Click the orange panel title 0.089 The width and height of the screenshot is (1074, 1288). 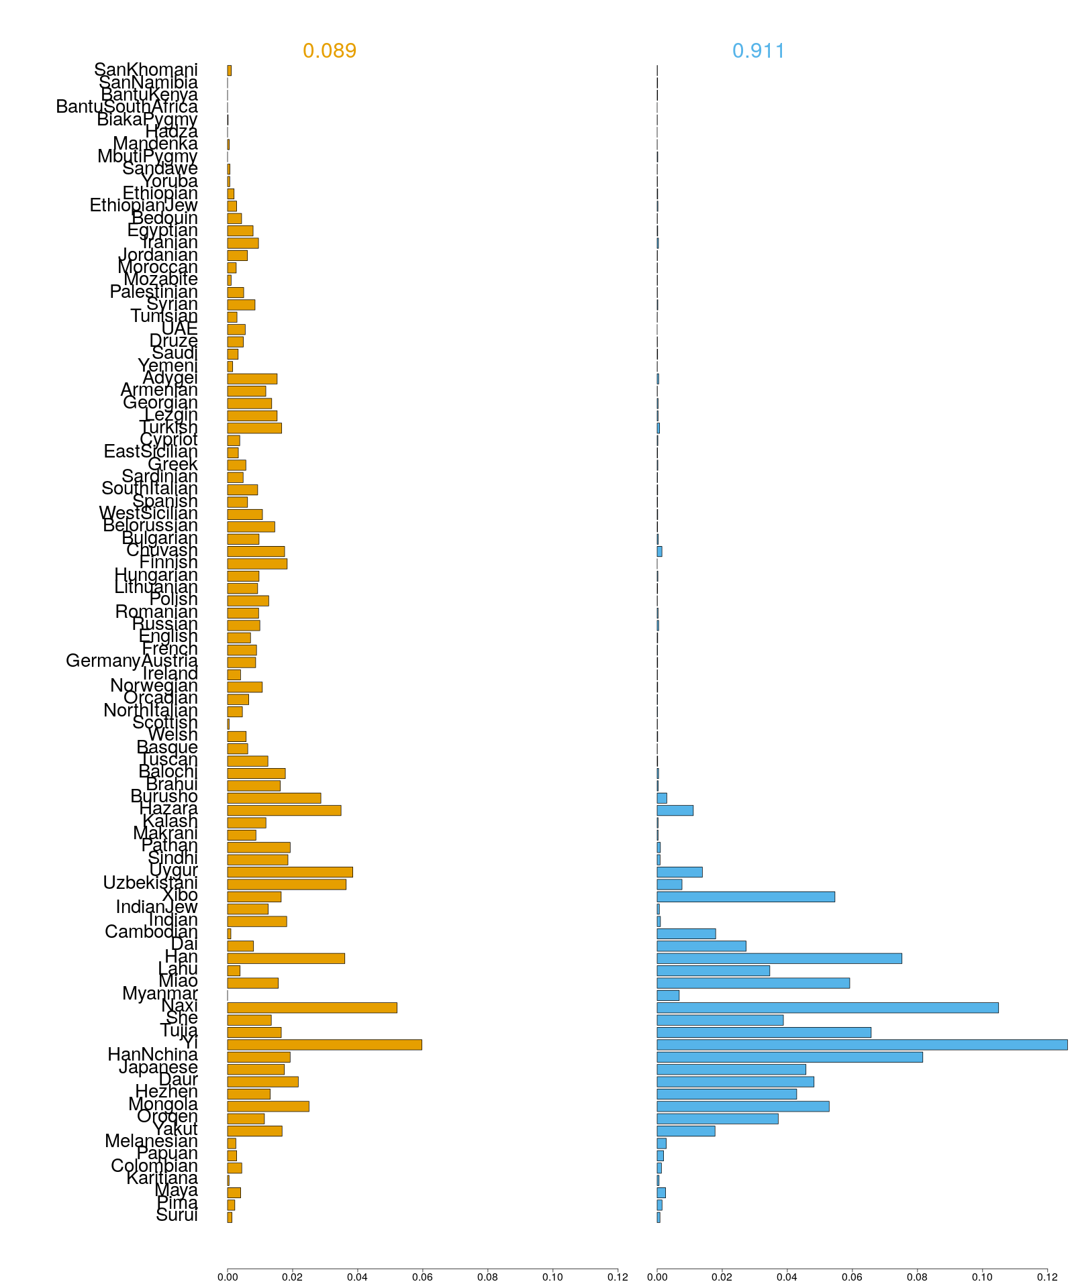click(329, 51)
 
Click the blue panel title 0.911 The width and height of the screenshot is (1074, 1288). click(759, 51)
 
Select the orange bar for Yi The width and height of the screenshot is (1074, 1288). click(324, 1044)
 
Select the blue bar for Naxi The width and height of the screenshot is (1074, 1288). click(827, 1008)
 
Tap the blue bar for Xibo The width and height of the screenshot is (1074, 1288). click(745, 896)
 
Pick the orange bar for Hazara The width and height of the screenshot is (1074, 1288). click(284, 810)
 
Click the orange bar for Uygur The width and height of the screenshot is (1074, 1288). click(290, 872)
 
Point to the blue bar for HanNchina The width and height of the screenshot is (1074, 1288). click(789, 1057)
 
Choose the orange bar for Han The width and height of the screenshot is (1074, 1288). click(286, 959)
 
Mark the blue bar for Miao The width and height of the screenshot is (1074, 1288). click(752, 983)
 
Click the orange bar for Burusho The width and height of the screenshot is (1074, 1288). click(274, 798)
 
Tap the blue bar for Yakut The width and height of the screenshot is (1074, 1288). click(685, 1131)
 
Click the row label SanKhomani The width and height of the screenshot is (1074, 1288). click(146, 70)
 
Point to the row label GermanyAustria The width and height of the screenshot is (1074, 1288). click(132, 661)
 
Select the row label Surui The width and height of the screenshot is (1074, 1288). click(177, 1216)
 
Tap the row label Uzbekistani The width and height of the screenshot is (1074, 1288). click(150, 883)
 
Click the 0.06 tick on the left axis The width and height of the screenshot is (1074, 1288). click(422, 1277)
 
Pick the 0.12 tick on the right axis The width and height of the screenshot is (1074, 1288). click(1047, 1277)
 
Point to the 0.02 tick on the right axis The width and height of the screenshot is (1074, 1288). click(722, 1277)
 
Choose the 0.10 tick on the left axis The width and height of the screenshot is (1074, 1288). click(552, 1277)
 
